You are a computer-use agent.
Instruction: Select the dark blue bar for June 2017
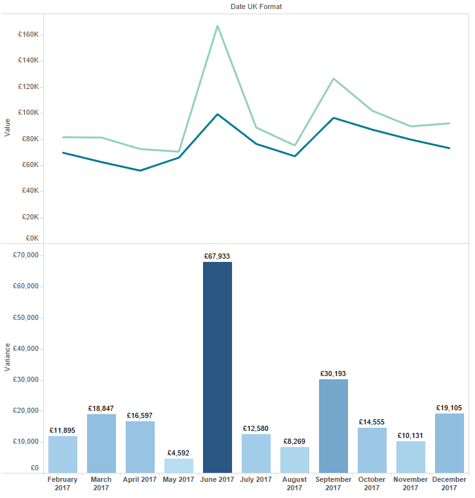point(217,367)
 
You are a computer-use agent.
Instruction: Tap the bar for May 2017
point(179,466)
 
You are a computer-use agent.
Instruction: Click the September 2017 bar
point(333,426)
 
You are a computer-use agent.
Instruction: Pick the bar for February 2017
point(63,454)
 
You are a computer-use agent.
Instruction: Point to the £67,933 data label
point(217,256)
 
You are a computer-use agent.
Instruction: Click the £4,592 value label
point(179,453)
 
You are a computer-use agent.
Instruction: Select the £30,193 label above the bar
point(333,373)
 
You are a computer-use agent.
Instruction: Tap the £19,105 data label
point(449,408)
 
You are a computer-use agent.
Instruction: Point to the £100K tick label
point(29,113)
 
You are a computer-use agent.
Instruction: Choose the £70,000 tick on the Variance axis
point(26,255)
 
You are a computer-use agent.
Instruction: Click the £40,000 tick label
point(26,349)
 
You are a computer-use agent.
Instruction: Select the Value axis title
point(7,127)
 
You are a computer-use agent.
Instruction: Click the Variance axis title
point(7,357)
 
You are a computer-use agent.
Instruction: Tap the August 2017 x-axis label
point(295,484)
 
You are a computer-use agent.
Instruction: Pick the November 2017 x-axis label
point(411,484)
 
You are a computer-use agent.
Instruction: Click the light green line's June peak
point(217,26)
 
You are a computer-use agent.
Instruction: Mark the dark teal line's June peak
point(217,114)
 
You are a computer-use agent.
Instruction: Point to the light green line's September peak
point(333,79)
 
